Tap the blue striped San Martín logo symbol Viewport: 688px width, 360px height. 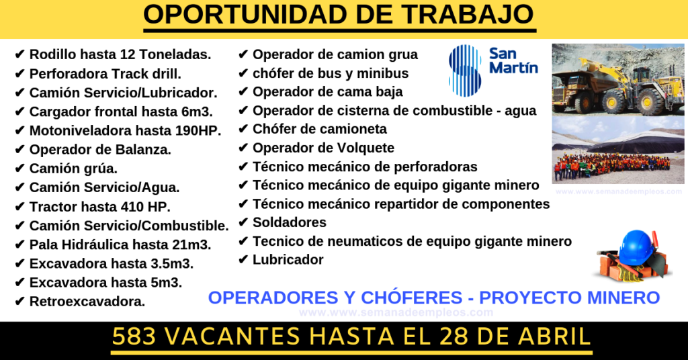pos(466,70)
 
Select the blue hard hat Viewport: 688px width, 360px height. pos(636,248)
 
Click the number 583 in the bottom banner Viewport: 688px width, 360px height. pos(134,336)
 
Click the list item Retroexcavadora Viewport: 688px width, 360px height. pos(87,302)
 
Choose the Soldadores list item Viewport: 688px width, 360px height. pos(290,222)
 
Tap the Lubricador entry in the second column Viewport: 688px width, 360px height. pos(288,259)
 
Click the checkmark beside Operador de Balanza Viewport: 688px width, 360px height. pos(19,150)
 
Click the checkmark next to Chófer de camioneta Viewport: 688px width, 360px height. pos(243,130)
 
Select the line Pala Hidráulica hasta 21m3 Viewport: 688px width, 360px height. pos(120,244)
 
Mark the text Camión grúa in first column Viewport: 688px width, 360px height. pos(73,169)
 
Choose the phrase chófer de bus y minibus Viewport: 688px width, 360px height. pos(331,73)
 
